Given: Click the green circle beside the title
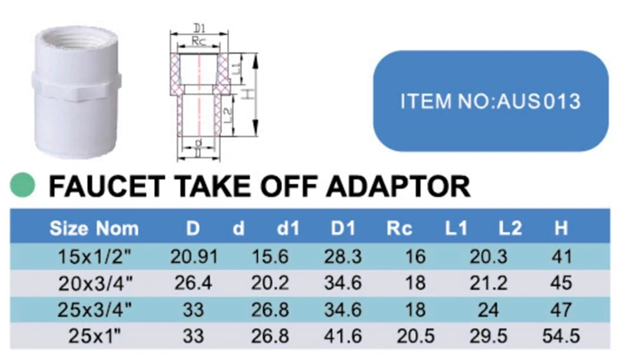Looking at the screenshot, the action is pyautogui.click(x=22, y=185).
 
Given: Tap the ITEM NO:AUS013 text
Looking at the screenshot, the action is pyautogui.click(x=491, y=101).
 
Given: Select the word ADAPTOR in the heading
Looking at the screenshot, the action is pyautogui.click(x=398, y=186).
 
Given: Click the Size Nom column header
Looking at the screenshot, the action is pyautogui.click(x=94, y=229).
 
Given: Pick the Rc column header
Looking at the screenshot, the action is pyautogui.click(x=400, y=229).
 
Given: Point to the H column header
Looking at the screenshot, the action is pyautogui.click(x=561, y=229).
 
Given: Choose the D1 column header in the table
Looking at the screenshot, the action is pyautogui.click(x=343, y=229).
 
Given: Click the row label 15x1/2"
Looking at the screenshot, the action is pyautogui.click(x=95, y=256).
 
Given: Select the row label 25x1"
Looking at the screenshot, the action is pyautogui.click(x=95, y=337).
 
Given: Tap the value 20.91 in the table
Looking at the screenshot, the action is pyautogui.click(x=194, y=256).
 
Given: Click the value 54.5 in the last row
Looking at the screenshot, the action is pyautogui.click(x=561, y=337).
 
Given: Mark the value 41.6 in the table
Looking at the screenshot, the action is pyautogui.click(x=343, y=337).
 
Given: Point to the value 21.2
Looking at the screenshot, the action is pyautogui.click(x=488, y=283).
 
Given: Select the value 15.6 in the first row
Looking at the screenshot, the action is pyautogui.click(x=270, y=256).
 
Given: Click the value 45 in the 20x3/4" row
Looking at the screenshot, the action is pyautogui.click(x=561, y=283).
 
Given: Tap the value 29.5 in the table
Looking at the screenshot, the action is pyautogui.click(x=488, y=337).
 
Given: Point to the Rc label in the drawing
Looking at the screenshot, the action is pyautogui.click(x=199, y=41).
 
